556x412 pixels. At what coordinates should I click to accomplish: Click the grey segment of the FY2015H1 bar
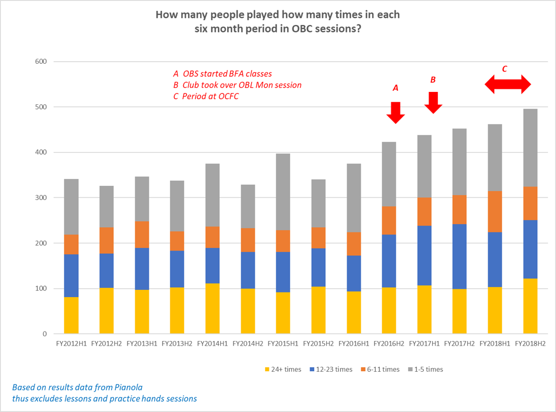click(283, 192)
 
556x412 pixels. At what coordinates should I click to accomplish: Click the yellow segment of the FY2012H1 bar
click(71, 315)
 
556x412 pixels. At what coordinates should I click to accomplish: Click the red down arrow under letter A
click(396, 112)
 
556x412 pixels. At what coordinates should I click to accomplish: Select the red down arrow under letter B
click(433, 102)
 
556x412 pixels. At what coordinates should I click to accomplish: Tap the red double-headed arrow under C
click(508, 84)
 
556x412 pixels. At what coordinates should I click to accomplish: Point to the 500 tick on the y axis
click(41, 107)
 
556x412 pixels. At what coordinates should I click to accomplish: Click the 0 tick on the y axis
click(44, 334)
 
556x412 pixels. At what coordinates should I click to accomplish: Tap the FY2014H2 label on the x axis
click(248, 344)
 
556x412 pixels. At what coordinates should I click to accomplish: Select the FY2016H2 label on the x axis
click(389, 344)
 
